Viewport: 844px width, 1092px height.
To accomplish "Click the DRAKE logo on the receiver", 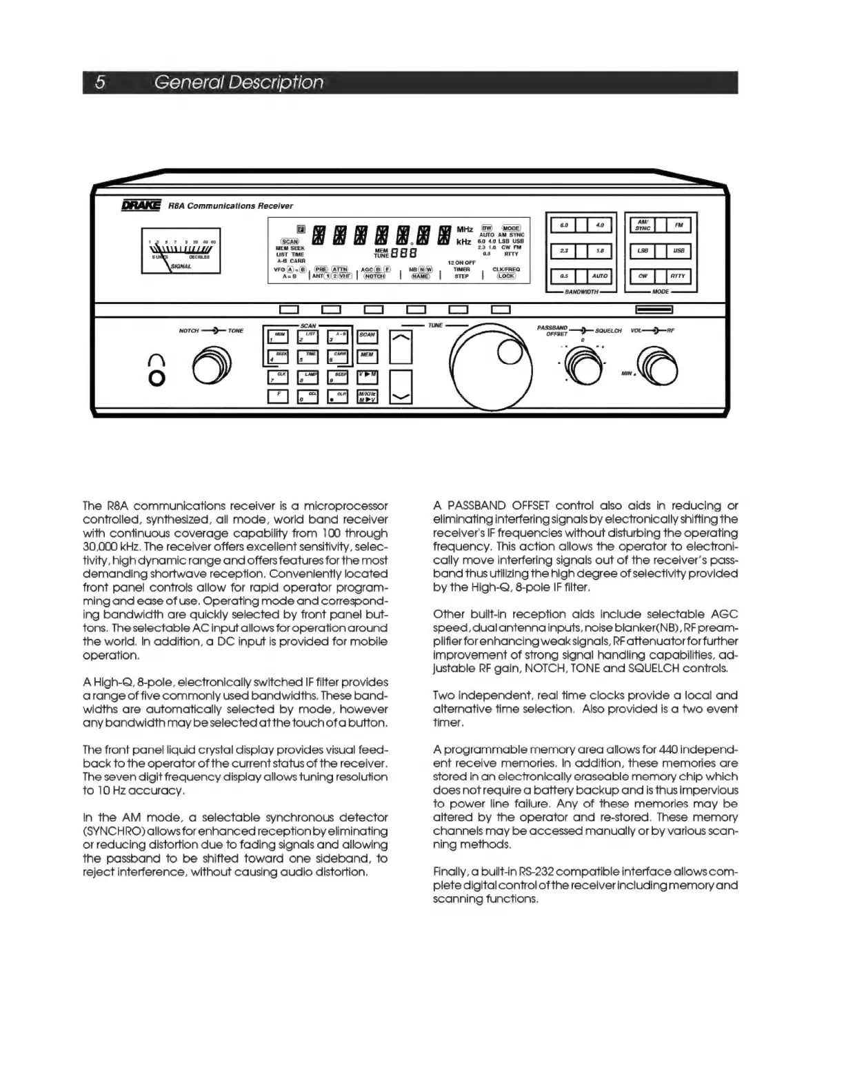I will pyautogui.click(x=141, y=205).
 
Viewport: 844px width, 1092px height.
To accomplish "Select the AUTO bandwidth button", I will pyautogui.click(x=599, y=276).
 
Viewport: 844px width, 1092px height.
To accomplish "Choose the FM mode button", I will pyautogui.click(x=679, y=225).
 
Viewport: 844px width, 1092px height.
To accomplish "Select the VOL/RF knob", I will pyautogui.click(x=656, y=363).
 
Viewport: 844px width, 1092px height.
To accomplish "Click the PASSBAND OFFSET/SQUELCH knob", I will pyautogui.click(x=583, y=363).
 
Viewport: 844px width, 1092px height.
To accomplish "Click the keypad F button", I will pyautogui.click(x=278, y=396).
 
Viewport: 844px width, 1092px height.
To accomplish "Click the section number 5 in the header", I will pyautogui.click(x=101, y=83).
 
